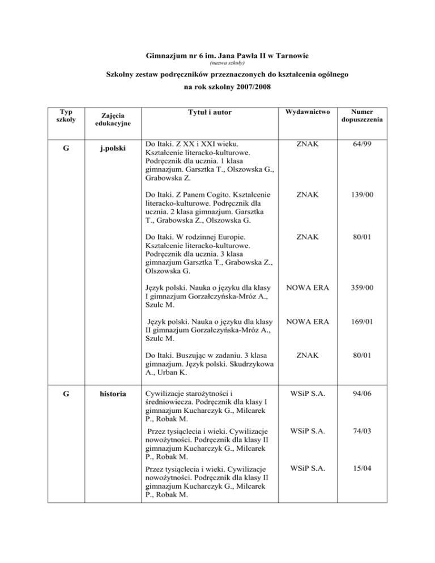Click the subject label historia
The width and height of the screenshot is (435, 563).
110,391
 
